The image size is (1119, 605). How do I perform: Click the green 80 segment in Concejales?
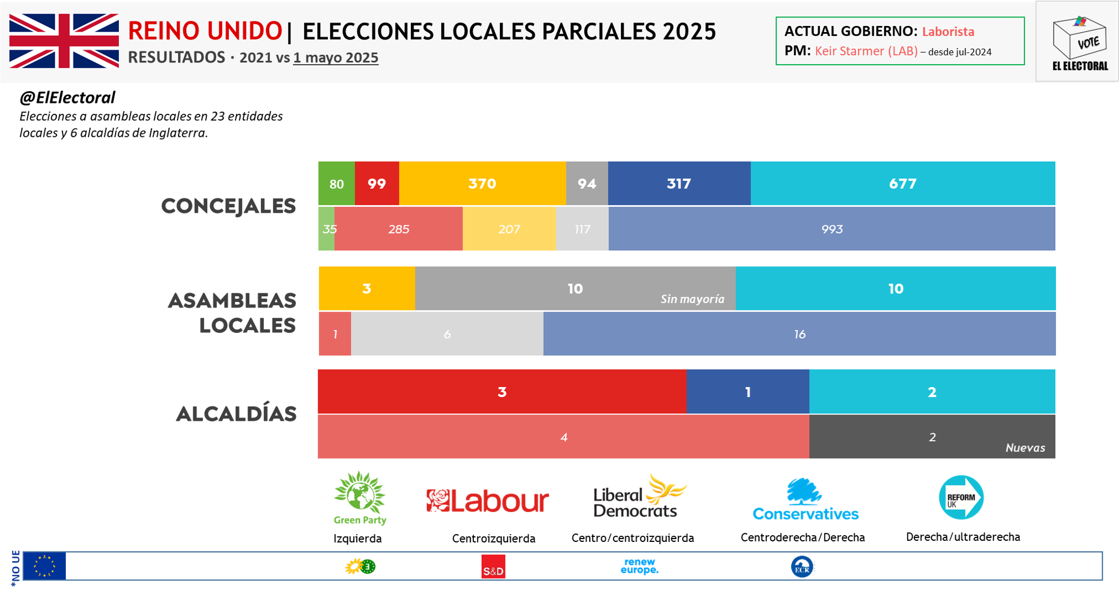click(x=336, y=184)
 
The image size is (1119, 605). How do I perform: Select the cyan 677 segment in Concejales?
click(x=902, y=184)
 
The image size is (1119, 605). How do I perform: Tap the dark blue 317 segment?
click(x=678, y=184)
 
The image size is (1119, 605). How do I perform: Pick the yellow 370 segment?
click(x=482, y=184)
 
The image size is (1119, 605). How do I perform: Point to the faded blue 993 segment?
click(x=832, y=229)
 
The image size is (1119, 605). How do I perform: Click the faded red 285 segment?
click(x=398, y=229)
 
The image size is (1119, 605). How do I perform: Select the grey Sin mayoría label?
click(x=692, y=299)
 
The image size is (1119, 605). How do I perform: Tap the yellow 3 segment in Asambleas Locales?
click(x=366, y=289)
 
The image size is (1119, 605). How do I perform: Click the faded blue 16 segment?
click(x=799, y=335)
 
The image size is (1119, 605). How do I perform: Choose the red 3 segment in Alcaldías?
click(x=501, y=392)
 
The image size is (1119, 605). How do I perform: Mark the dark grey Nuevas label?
click(x=1025, y=448)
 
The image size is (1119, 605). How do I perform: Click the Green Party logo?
click(x=359, y=498)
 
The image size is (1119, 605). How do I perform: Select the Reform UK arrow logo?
click(x=961, y=497)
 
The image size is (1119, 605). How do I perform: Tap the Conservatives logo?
click(x=805, y=500)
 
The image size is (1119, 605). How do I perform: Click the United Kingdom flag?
click(x=64, y=41)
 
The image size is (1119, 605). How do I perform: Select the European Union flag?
click(x=45, y=566)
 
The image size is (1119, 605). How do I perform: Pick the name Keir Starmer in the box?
click(x=865, y=51)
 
